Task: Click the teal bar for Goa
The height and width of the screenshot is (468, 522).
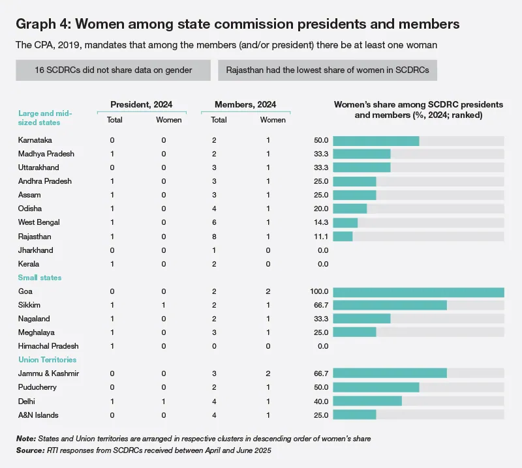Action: pos(418,292)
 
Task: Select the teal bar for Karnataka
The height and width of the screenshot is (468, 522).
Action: pos(376,141)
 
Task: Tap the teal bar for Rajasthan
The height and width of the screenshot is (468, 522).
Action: pos(343,237)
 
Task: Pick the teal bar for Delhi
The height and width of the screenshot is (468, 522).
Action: pos(367,401)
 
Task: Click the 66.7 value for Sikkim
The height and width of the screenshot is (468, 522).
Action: pos(321,305)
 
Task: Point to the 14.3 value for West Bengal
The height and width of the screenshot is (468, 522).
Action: pos(321,222)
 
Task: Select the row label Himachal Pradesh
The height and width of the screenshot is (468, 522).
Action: pos(48,346)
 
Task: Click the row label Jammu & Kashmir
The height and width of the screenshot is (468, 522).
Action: pos(48,373)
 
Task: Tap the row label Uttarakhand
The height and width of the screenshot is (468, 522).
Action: pos(38,168)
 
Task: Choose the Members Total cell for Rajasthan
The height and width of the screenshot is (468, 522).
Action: pos(214,237)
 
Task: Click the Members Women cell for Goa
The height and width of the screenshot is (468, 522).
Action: pos(268,291)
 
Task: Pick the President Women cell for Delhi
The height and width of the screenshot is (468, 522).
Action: pos(164,402)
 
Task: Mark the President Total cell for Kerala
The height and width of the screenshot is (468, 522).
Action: pos(112,264)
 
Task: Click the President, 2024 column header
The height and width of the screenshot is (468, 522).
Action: pos(142,104)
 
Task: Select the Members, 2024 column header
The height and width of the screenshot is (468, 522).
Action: pos(245,104)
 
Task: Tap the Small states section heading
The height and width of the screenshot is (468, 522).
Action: pos(40,278)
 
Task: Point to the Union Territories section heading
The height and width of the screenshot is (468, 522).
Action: pos(47,360)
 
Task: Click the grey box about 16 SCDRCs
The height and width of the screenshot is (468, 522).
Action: pos(113,70)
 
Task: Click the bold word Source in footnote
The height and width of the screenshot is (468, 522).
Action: pos(30,450)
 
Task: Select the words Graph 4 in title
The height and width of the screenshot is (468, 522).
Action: pos(43,24)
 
